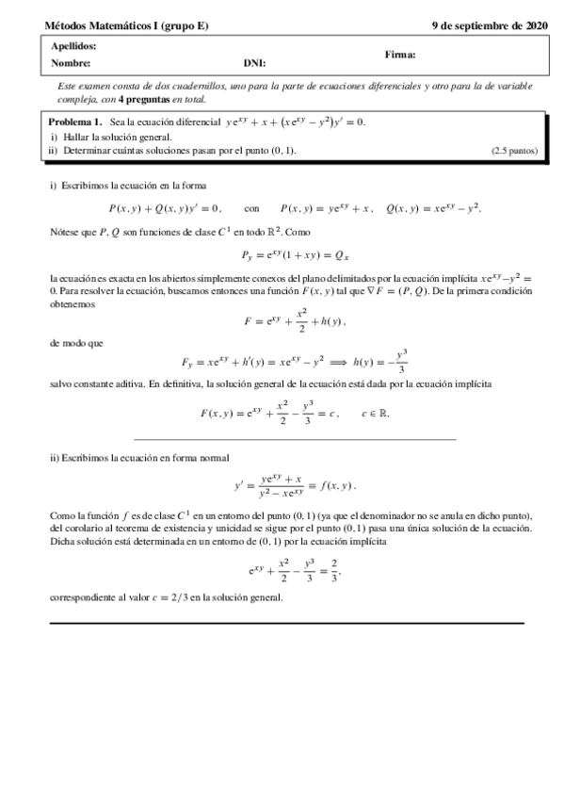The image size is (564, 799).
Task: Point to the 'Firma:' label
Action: (x=400, y=55)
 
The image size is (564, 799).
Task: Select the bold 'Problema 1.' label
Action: (x=75, y=122)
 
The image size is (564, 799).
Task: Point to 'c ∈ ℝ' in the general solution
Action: (x=375, y=413)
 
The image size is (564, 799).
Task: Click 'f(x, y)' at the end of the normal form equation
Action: (x=338, y=485)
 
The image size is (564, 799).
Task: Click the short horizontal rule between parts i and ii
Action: (x=295, y=439)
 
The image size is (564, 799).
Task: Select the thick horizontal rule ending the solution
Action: (x=286, y=623)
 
